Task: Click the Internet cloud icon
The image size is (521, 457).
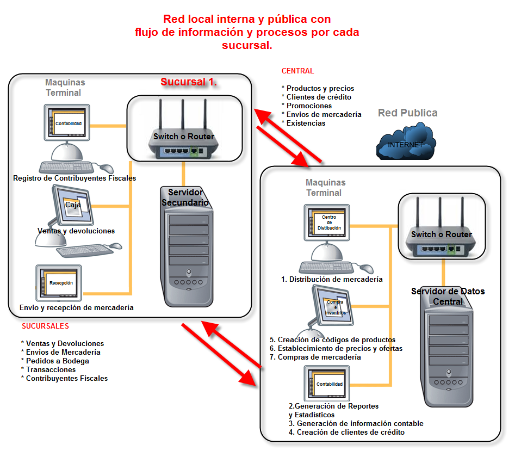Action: pos(405,143)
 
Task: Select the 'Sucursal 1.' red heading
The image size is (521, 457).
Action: pos(189,82)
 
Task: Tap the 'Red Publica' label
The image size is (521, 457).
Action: pos(407,113)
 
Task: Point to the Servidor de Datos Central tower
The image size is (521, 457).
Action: pos(448,354)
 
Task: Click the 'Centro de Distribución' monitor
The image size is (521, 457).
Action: pos(328,223)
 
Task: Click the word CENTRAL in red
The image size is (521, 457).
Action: pos(297,71)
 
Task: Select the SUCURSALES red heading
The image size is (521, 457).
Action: pos(45,326)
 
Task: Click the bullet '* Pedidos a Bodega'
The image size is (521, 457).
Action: pos(55,361)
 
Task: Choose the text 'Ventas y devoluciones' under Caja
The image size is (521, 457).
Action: pos(76,231)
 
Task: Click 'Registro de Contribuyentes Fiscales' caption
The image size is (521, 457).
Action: pos(75,178)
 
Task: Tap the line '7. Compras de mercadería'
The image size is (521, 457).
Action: pos(315,357)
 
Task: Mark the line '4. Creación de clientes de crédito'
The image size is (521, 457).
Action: pos(346,432)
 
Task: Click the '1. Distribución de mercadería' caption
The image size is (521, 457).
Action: pos(332,279)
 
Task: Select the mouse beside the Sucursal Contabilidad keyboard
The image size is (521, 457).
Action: pos(106,168)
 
